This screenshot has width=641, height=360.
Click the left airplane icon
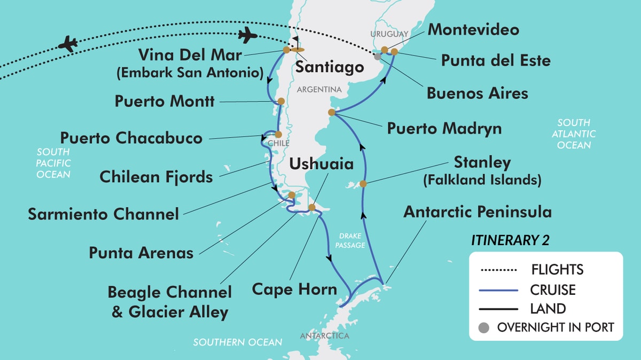click(x=67, y=43)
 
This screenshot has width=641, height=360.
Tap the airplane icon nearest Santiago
click(x=247, y=36)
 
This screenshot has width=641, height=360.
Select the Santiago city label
click(x=330, y=67)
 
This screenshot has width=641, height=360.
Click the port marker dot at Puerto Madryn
click(x=332, y=112)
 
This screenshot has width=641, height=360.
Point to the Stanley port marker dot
click(x=363, y=184)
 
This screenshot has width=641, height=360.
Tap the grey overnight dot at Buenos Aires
click(x=378, y=56)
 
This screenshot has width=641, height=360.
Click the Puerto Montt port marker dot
click(x=281, y=101)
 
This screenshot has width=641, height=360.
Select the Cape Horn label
click(x=294, y=289)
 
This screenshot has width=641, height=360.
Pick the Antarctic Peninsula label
click(x=478, y=212)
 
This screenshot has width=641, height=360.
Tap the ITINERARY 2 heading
click(x=510, y=240)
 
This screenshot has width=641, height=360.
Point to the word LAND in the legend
click(x=548, y=309)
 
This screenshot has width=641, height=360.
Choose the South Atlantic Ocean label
click(x=574, y=134)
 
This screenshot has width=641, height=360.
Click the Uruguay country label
click(x=389, y=34)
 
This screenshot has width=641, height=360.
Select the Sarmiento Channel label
click(x=104, y=214)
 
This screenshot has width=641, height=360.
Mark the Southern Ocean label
click(x=238, y=342)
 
